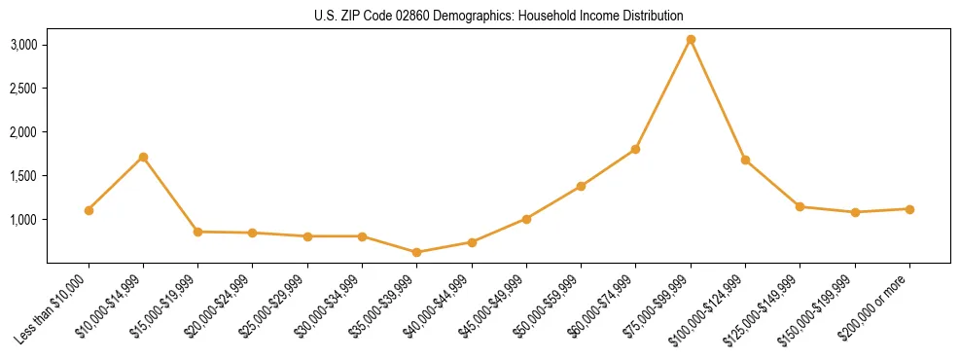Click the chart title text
coord(499,17)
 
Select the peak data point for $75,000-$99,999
coord(691,40)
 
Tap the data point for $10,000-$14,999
coord(143,157)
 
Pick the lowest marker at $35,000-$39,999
coord(417,252)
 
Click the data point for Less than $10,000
coord(89,210)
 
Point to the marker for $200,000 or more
coord(909,209)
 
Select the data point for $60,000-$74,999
coord(635,149)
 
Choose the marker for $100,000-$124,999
coord(745,160)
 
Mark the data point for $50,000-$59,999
coord(581,186)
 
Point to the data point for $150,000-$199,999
coord(855,212)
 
